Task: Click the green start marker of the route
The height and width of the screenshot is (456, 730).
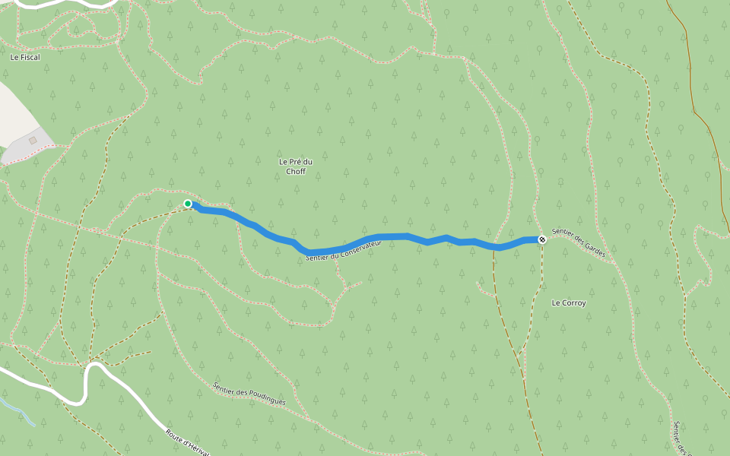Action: [188, 204]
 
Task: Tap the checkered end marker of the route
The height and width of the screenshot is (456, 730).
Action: [542, 240]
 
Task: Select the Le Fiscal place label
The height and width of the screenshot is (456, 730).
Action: [24, 57]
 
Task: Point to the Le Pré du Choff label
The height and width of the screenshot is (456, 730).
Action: [296, 166]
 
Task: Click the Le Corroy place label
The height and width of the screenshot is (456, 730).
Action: [569, 303]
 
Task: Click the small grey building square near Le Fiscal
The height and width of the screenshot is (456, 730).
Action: [33, 141]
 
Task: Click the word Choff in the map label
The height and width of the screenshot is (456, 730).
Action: [296, 172]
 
